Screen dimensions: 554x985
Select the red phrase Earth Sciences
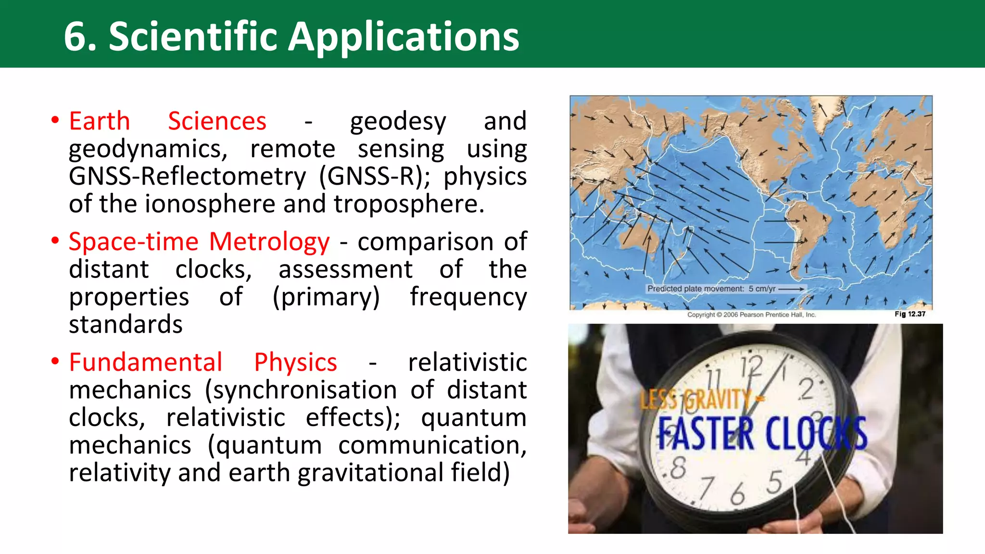167,121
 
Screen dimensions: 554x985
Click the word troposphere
408,204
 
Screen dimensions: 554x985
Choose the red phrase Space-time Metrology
199,241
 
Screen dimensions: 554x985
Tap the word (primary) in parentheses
326,297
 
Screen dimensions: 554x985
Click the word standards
126,325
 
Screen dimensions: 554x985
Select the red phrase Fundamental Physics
202,362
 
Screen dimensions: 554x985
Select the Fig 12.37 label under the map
909,314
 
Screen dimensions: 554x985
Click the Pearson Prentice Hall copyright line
751,315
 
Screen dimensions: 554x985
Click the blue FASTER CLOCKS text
762,433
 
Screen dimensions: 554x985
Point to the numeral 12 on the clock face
751,368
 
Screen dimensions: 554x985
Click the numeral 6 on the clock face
737,494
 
